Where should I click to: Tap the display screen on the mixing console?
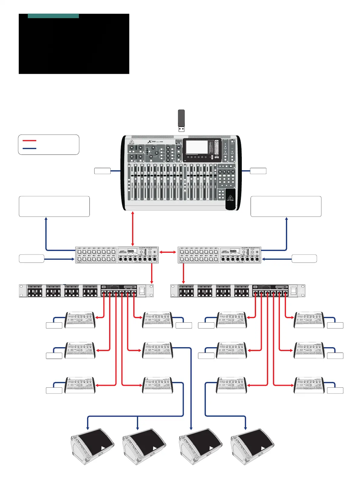pos(197,147)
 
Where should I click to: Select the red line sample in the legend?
pos(29,141)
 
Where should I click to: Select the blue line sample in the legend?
pos(29,148)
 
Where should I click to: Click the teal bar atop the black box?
pos(53,16)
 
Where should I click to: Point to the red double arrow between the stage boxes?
pos(168,252)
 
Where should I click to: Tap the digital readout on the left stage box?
pos(131,251)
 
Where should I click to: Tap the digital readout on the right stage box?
pos(233,251)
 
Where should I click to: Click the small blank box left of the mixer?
pos(102,171)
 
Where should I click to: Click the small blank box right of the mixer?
pos(258,171)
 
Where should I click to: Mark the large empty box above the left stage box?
pos(54,206)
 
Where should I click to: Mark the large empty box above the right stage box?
pos(286,206)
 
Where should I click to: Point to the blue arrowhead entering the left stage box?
pos(73,259)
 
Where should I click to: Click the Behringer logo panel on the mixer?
pos(231,199)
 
